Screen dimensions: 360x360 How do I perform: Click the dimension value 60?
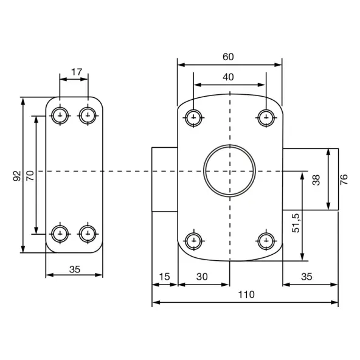228,57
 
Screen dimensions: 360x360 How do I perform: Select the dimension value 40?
228,77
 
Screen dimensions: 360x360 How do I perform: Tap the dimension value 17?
77,72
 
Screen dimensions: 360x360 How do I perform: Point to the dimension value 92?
17,176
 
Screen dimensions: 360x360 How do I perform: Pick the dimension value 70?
30,176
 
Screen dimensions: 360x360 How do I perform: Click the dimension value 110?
246,294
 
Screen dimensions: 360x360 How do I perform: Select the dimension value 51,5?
296,223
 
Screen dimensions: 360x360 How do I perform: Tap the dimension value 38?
316,180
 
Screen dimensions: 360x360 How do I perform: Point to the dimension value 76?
344,179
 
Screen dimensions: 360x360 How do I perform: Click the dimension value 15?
164,277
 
